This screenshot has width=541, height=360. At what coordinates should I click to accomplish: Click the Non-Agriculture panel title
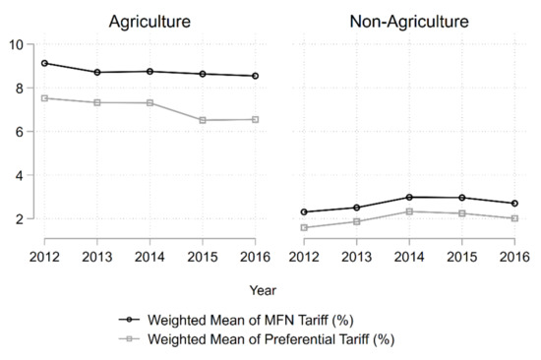tap(401, 20)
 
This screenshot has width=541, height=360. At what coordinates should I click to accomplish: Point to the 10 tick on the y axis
tap(17, 44)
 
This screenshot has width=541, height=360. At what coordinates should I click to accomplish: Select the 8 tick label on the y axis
tap(20, 88)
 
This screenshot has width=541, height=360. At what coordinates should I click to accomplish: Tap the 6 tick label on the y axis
tap(20, 132)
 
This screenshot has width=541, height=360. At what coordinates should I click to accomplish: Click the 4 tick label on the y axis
tap(20, 175)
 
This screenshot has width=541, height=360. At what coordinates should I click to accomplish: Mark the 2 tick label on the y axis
tap(20, 218)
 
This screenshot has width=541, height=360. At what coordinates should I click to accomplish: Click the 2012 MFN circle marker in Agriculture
tap(45, 63)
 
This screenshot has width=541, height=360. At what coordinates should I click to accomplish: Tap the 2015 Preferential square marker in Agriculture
tap(203, 120)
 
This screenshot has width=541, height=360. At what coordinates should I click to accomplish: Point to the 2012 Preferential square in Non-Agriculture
tap(303, 227)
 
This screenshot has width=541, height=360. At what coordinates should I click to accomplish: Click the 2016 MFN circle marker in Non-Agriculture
tap(513, 204)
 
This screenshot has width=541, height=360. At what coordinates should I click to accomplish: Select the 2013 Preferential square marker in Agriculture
tap(97, 102)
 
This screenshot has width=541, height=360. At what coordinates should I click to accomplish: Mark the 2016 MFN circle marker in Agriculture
tap(255, 76)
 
